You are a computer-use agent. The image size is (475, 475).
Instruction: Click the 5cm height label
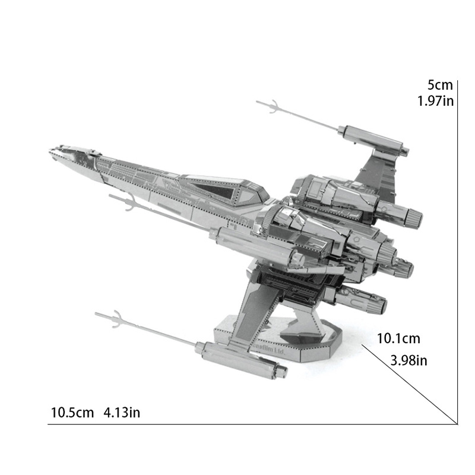click(x=440, y=85)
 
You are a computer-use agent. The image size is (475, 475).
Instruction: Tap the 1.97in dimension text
click(x=435, y=100)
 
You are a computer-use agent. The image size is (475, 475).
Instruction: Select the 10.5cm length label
click(x=72, y=412)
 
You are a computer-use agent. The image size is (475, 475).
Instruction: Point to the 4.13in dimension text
click(x=122, y=412)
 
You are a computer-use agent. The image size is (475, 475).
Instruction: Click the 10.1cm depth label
click(x=398, y=339)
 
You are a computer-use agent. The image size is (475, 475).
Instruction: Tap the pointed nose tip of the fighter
click(x=52, y=150)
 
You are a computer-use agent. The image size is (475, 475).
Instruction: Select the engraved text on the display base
click(x=268, y=351)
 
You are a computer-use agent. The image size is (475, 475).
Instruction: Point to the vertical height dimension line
click(x=457, y=249)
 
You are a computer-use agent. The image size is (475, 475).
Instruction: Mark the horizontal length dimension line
click(x=249, y=424)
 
